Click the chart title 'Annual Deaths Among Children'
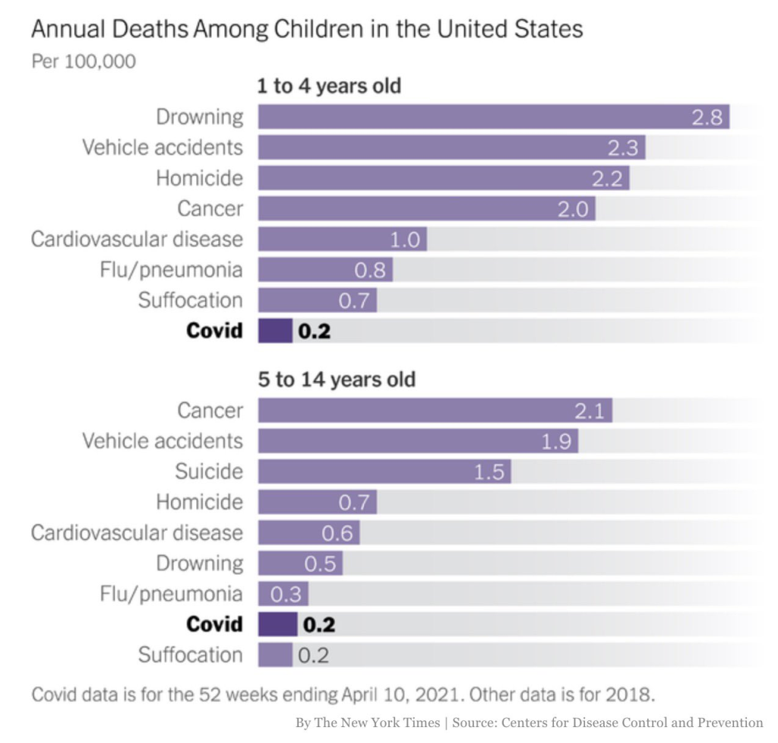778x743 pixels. (x=306, y=30)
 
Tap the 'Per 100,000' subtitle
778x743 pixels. (x=84, y=61)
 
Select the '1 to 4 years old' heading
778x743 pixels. (x=329, y=86)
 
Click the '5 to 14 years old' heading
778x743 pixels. (x=337, y=379)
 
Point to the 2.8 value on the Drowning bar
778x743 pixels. (x=706, y=117)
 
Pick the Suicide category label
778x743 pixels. (x=209, y=472)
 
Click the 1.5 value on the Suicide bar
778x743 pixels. (x=489, y=472)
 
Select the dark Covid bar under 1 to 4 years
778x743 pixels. (x=275, y=331)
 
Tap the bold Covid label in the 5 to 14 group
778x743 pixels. (x=214, y=624)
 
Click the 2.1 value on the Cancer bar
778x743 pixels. (x=589, y=411)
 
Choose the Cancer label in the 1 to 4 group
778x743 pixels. (x=210, y=208)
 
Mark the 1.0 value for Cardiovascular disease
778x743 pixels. (x=404, y=240)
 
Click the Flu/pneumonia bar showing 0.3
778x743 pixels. (x=283, y=594)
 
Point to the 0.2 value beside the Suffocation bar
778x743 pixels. (x=313, y=656)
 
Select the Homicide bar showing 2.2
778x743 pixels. (x=444, y=178)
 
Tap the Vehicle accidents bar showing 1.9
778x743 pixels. (x=418, y=441)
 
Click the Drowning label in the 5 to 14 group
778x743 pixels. (x=200, y=563)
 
